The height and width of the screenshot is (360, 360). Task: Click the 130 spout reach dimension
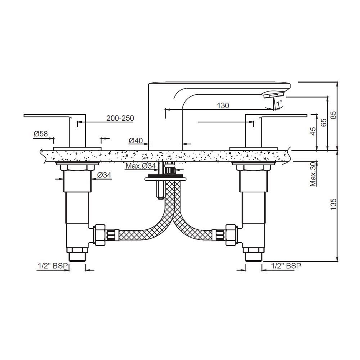pyautogui.click(x=223, y=105)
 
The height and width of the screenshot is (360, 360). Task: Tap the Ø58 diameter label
pyautogui.click(x=41, y=134)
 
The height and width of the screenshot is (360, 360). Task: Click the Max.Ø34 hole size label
pyautogui.click(x=140, y=166)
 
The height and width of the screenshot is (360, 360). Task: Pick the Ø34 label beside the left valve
pyautogui.click(x=104, y=175)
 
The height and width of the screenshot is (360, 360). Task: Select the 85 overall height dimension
pyautogui.click(x=334, y=115)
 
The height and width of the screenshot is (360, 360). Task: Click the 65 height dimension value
pyautogui.click(x=323, y=123)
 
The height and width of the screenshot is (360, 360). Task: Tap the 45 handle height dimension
pyautogui.click(x=313, y=131)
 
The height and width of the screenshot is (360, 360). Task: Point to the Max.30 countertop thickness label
pyautogui.click(x=313, y=174)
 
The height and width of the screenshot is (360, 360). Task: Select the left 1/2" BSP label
pyautogui.click(x=53, y=266)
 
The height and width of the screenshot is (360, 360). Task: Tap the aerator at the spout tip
pyautogui.click(x=273, y=94)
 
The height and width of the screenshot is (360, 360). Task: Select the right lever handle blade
pyautogui.click(x=284, y=116)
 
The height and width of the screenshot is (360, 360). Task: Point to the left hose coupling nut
pyautogui.click(x=99, y=234)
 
